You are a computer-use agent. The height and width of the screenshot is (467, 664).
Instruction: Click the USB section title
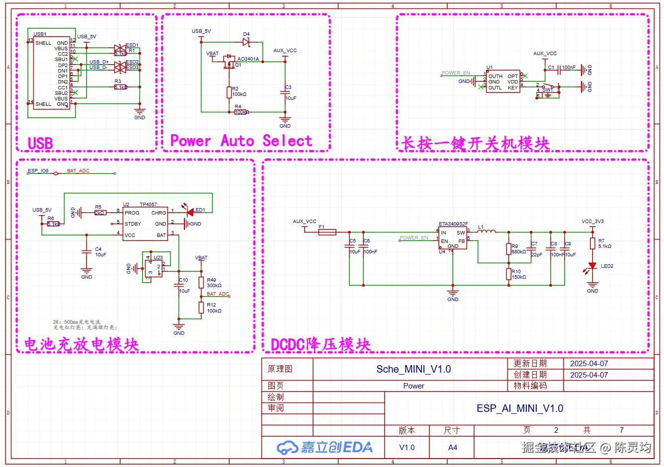click(x=40, y=143)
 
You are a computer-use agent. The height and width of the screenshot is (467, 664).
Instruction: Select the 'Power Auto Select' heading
click(x=241, y=141)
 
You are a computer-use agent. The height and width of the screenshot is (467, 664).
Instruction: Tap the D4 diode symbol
click(x=246, y=42)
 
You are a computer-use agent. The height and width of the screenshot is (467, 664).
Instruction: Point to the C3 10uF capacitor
click(x=285, y=93)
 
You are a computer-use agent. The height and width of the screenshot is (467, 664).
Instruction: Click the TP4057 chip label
click(x=148, y=204)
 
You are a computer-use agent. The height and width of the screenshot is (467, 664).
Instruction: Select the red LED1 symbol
click(x=190, y=212)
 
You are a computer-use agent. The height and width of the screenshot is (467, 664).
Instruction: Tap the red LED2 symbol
click(x=592, y=266)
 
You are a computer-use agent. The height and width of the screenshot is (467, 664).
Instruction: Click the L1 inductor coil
click(x=487, y=231)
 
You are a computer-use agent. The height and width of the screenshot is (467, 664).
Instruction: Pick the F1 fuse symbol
click(x=327, y=232)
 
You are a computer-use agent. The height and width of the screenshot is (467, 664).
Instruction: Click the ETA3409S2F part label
click(x=453, y=224)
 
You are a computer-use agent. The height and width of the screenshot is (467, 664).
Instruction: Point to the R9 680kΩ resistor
click(x=508, y=249)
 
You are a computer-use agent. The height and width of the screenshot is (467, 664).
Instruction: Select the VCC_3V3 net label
click(x=592, y=222)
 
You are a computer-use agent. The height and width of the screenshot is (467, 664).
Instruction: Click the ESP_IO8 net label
click(x=38, y=171)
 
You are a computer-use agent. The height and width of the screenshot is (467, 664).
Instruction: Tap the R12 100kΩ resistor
click(x=201, y=308)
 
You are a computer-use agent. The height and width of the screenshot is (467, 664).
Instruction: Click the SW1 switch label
click(x=547, y=90)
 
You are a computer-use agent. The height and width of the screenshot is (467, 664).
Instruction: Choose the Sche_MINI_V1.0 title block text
click(x=414, y=369)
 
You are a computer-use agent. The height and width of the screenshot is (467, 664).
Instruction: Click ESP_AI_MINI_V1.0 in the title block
click(x=519, y=408)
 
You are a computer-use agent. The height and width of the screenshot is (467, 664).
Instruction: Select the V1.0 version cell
click(x=407, y=448)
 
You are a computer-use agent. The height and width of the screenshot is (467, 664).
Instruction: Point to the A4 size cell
click(x=452, y=448)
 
